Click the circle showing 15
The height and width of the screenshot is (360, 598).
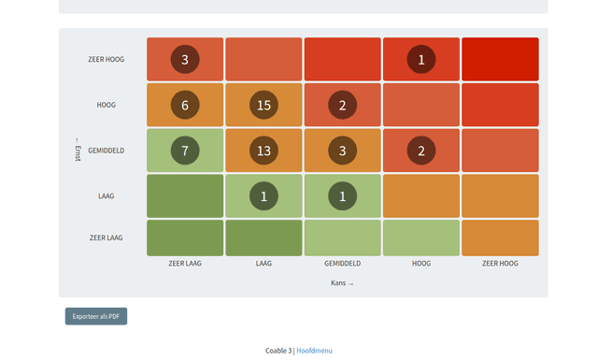(263, 105)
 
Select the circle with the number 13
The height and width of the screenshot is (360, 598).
(263, 151)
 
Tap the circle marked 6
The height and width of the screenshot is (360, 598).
(185, 105)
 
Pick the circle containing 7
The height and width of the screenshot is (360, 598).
(185, 151)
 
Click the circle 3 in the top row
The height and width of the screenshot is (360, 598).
(185, 60)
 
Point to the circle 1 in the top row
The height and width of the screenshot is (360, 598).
(421, 60)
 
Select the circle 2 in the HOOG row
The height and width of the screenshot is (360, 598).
(342, 105)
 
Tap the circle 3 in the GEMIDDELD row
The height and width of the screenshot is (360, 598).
(342, 151)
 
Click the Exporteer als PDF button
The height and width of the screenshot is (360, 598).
(96, 316)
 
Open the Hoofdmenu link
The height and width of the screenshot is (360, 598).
(314, 351)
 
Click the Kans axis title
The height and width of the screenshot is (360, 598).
(342, 282)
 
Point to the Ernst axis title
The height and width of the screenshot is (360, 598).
(78, 150)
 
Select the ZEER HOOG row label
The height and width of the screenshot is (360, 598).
(106, 60)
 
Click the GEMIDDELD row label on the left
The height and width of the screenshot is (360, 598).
(107, 151)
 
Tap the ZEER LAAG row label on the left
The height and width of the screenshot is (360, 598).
(106, 238)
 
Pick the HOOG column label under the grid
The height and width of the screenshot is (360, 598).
(421, 264)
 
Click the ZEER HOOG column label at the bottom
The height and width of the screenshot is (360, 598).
(500, 264)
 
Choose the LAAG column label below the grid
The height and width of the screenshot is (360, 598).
(263, 264)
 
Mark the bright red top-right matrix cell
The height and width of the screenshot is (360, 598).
(500, 60)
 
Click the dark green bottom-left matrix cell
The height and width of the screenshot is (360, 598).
(185, 238)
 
